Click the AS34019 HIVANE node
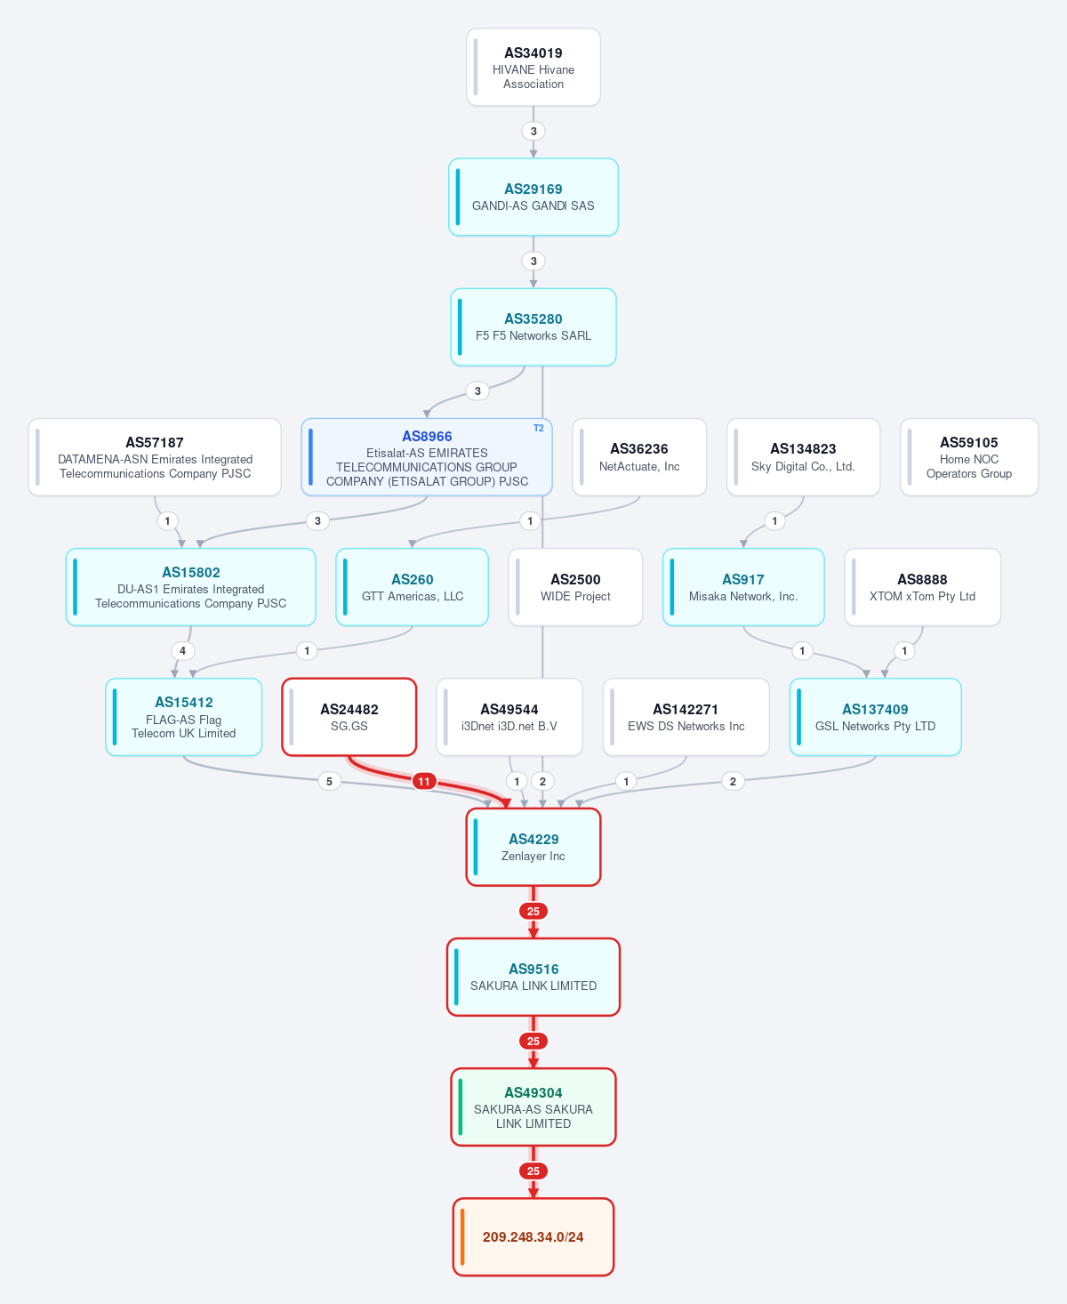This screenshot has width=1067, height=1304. tap(533, 68)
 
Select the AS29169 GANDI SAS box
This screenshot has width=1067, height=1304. tap(533, 197)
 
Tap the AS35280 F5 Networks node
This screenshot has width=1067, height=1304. tap(533, 327)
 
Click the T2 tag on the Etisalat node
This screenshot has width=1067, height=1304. tap(539, 428)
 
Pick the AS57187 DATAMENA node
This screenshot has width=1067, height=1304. tap(155, 457)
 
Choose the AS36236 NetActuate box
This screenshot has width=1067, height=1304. tap(639, 457)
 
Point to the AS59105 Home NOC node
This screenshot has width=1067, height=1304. tap(968, 457)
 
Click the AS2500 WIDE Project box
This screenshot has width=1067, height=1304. tap(575, 587)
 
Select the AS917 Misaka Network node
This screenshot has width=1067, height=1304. tap(743, 587)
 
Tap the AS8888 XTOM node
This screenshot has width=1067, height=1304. tap(922, 587)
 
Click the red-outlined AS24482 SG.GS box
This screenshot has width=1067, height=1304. tap(349, 717)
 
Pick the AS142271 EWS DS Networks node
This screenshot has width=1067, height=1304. tap(686, 717)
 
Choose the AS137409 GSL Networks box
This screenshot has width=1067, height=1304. tap(875, 717)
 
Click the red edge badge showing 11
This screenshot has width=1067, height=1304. tap(423, 782)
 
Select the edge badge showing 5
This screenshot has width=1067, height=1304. tap(329, 782)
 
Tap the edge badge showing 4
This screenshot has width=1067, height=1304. tap(182, 650)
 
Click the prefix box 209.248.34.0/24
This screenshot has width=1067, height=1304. tap(533, 1236)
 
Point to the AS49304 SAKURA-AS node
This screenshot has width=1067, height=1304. tap(533, 1107)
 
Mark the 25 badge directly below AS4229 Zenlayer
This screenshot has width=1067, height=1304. tap(533, 912)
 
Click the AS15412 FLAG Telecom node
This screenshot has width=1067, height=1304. tap(183, 717)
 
